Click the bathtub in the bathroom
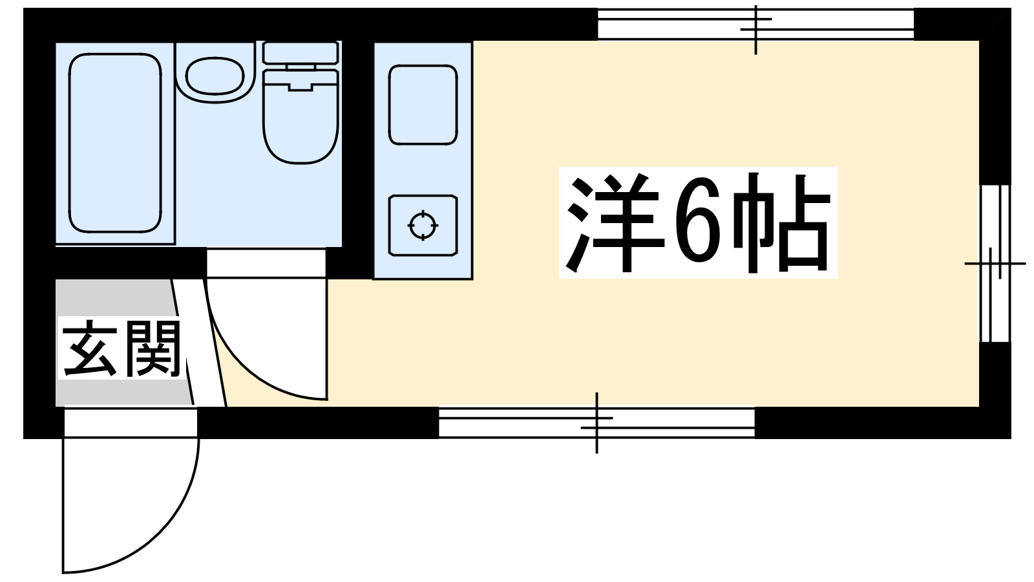pos(114,142)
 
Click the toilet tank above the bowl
pos(301,52)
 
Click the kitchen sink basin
pos(423,104)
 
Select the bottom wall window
pos(596,423)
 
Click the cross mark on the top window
pos(756,30)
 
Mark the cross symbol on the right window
pos(995,263)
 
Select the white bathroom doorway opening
pos(266,262)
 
